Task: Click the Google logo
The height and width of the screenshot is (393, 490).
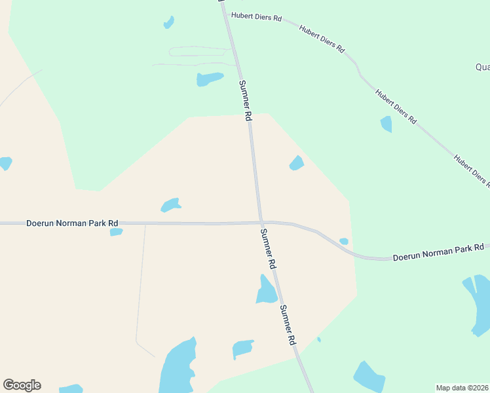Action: pyautogui.click(x=22, y=385)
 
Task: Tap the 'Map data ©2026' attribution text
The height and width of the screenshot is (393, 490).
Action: pyautogui.click(x=462, y=388)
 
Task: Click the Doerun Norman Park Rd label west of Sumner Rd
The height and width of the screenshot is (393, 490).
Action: pyautogui.click(x=72, y=223)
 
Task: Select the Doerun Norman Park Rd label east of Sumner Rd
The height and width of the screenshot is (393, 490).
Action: pyautogui.click(x=438, y=252)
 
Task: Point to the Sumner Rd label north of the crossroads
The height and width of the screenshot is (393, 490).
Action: pyautogui.click(x=245, y=100)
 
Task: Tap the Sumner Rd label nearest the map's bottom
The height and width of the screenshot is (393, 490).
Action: pyautogui.click(x=288, y=325)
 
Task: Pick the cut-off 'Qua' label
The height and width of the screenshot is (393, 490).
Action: pyautogui.click(x=482, y=67)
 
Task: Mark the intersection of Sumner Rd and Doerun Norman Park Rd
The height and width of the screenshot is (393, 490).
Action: pyautogui.click(x=261, y=221)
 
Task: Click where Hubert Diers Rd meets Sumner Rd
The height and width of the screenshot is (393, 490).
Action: pyautogui.click(x=227, y=12)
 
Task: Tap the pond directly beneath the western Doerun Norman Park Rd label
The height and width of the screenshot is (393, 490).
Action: pyautogui.click(x=116, y=232)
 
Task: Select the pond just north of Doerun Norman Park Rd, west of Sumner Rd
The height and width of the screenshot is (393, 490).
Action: pyautogui.click(x=171, y=205)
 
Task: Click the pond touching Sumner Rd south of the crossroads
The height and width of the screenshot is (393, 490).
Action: pyautogui.click(x=266, y=291)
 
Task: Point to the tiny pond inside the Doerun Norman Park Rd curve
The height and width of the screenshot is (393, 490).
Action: pyautogui.click(x=344, y=242)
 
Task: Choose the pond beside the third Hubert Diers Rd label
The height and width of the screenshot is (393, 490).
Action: pyautogui.click(x=386, y=124)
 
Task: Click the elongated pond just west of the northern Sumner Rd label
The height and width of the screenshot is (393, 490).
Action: pyautogui.click(x=210, y=79)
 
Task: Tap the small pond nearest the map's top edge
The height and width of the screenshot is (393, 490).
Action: pyautogui.click(x=169, y=22)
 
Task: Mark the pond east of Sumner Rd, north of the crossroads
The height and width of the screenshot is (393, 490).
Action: pyautogui.click(x=297, y=163)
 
